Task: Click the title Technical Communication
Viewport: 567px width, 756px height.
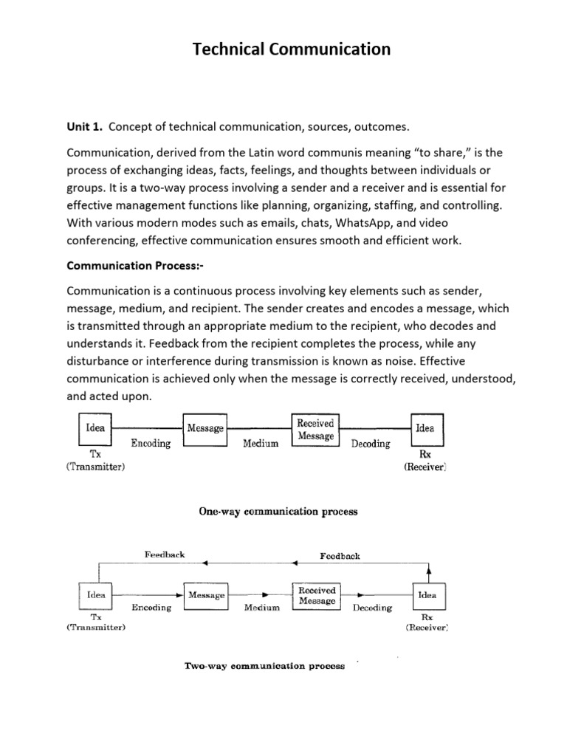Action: (292, 49)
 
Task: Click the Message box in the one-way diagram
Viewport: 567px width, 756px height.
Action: (205, 428)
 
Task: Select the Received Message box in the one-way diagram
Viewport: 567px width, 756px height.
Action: (315, 429)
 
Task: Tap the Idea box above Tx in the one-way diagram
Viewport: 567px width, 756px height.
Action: (95, 427)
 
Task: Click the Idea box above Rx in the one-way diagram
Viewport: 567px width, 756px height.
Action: (425, 427)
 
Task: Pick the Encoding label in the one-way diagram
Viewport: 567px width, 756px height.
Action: (151, 444)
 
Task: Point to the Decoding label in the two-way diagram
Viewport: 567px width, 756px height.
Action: (372, 608)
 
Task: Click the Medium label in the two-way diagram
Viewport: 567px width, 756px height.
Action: (262, 608)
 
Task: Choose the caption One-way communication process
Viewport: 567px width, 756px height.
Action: (278, 511)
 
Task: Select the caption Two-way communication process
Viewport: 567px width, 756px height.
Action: (264, 666)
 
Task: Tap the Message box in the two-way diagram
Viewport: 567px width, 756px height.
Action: (206, 595)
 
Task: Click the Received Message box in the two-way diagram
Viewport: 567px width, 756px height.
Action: (317, 595)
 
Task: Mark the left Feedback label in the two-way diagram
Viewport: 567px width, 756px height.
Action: (164, 554)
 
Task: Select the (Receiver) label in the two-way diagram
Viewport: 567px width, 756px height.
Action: (427, 628)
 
